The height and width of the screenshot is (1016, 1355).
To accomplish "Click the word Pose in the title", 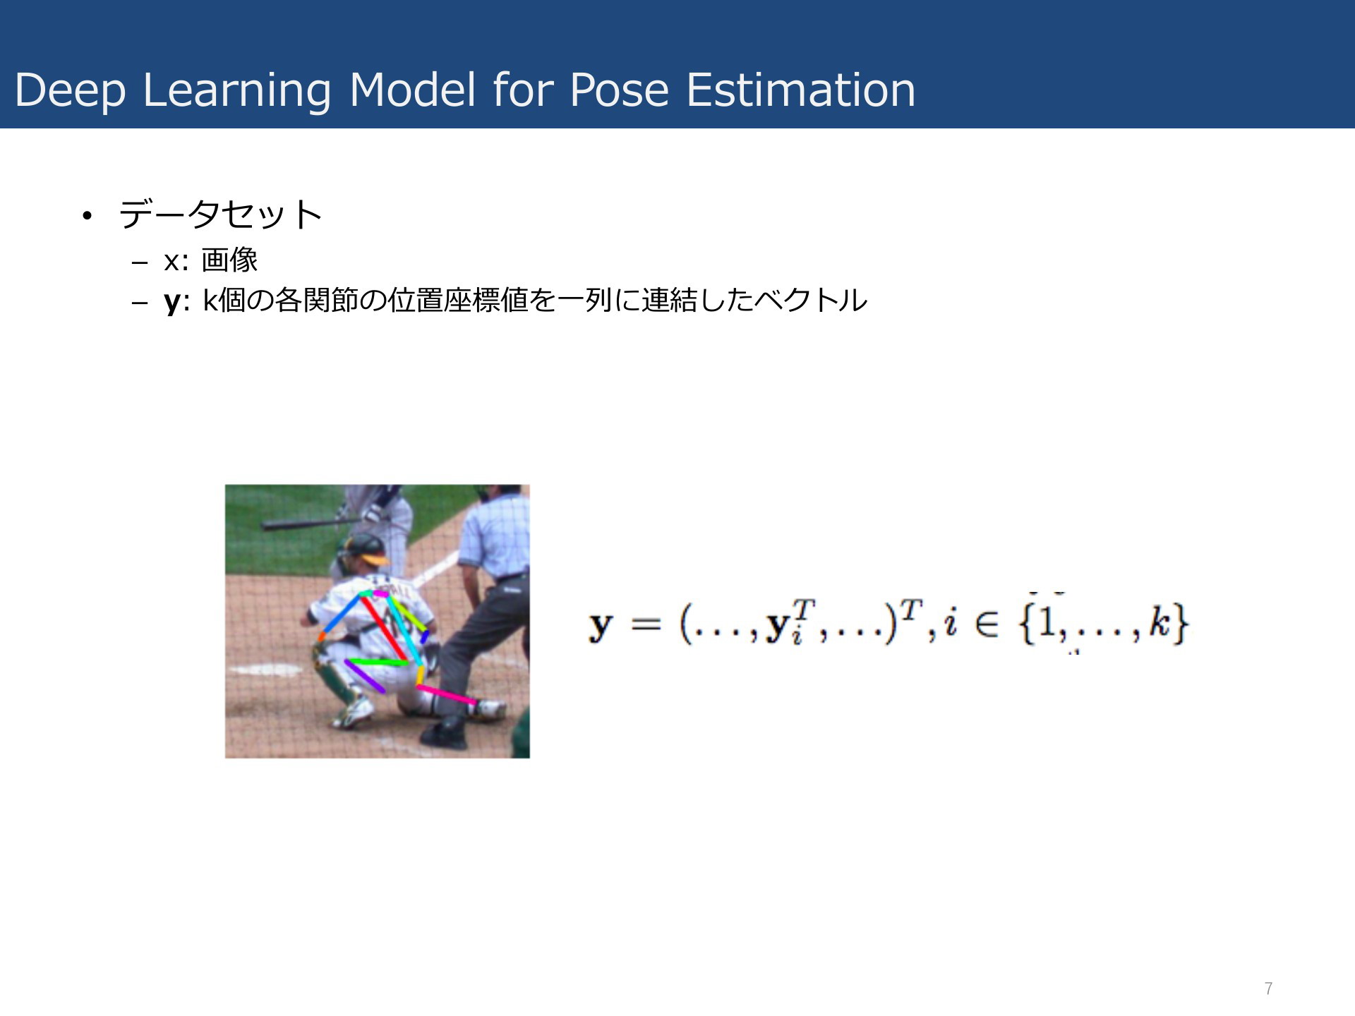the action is tap(619, 90).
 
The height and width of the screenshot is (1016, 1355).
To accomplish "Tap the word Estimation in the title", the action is tap(801, 90).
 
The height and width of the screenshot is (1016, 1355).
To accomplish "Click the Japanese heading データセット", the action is tap(220, 214).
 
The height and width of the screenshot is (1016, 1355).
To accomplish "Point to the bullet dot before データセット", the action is tap(87, 216).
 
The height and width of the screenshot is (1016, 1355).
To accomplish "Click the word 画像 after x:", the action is tap(229, 260).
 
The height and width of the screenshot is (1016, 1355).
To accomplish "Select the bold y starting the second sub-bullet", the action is tap(172, 302).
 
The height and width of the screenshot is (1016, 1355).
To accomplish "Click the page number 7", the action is tap(1268, 988).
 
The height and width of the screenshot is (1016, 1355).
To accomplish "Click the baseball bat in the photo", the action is tap(303, 524).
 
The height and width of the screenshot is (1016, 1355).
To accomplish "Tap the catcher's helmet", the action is tap(366, 548).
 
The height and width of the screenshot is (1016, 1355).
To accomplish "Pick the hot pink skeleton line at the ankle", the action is tap(446, 694).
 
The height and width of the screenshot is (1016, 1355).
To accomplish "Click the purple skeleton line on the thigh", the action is tap(365, 676).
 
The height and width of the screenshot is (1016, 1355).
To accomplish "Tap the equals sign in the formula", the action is tap(646, 624).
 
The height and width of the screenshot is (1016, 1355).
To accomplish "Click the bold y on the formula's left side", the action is tap(601, 627).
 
